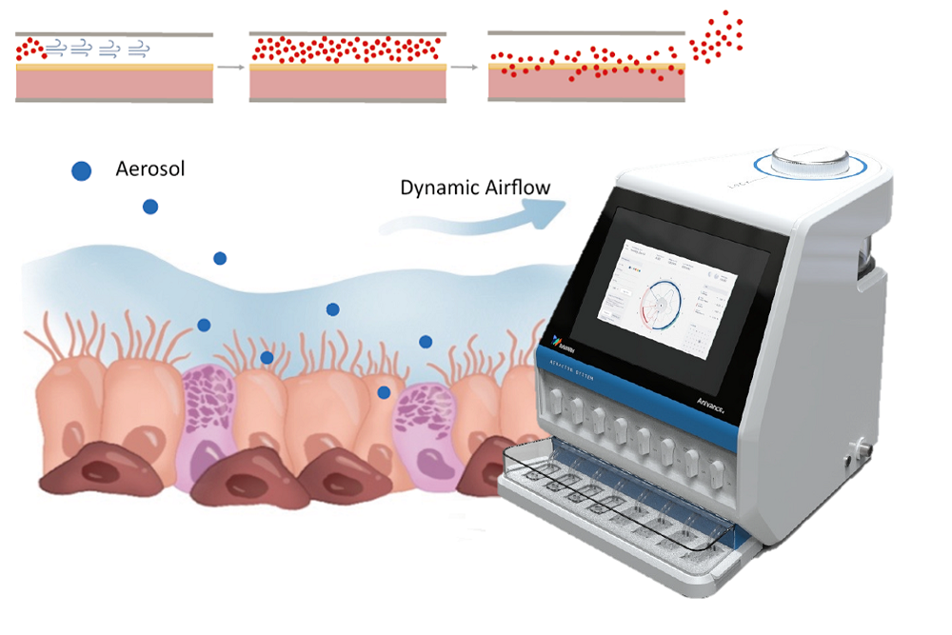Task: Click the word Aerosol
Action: coord(149,169)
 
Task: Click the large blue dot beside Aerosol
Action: coord(82,171)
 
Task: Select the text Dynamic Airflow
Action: coord(475,188)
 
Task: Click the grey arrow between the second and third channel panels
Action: coord(465,68)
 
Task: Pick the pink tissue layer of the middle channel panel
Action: coord(347,85)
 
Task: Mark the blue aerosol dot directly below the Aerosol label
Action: coord(150,207)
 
